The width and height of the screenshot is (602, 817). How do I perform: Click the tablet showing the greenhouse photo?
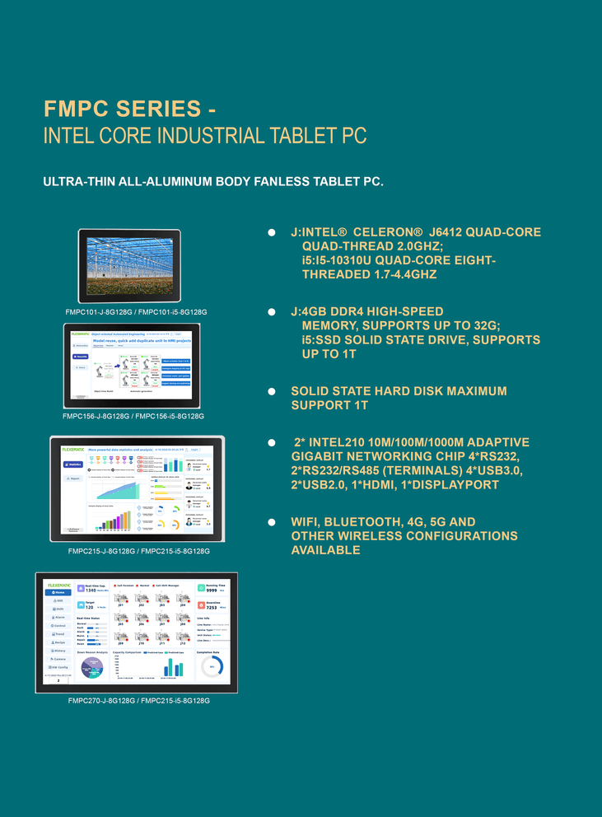tap(128, 265)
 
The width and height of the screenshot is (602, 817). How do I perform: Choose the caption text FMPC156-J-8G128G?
tap(96, 417)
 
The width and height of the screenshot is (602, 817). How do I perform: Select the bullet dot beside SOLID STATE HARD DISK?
tap(271, 391)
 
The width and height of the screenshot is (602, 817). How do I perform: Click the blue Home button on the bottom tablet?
tap(58, 592)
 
